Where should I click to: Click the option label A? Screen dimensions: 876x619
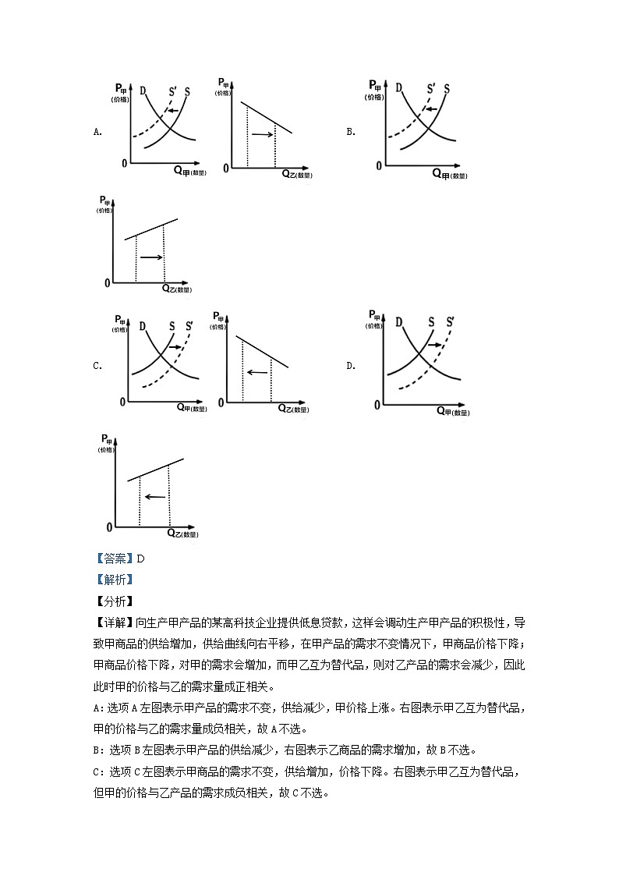97,132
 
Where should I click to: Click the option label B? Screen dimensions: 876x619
351,132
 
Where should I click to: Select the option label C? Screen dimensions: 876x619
97,365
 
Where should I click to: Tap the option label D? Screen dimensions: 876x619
351,365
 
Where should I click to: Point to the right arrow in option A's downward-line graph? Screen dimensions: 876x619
263,135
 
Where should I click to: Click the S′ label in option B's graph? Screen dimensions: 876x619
431,88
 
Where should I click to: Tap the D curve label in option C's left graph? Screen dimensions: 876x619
141,325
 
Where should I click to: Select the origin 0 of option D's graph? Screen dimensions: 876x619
377,406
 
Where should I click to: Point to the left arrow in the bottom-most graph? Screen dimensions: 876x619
155,496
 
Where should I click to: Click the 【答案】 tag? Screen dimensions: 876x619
114,559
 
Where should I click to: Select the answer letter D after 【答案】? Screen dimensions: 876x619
141,559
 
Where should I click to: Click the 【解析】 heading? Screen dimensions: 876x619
114,580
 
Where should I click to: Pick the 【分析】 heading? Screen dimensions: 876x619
114,601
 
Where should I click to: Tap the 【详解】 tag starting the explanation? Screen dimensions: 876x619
114,622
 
